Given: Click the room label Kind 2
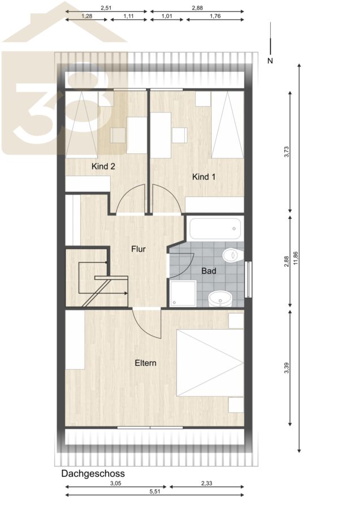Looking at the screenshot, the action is coord(103,166).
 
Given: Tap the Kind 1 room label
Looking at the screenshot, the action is coord(203,177).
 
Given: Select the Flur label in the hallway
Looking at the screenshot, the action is coord(138,249).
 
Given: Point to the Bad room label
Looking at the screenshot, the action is coord(209,271).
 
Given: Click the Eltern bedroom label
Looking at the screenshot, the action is coord(146,363).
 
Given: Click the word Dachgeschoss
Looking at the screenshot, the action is coord(93,473).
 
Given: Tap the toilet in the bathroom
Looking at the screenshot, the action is coord(233,255).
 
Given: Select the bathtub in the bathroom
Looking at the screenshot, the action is coord(215,228).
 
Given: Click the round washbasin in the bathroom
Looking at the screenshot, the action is coord(220,299).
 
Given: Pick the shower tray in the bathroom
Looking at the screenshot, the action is coord(183,294).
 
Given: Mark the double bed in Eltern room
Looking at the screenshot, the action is coord(210,363).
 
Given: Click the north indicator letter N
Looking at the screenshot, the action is coord(270,61).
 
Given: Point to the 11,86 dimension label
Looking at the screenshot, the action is coord(296,258).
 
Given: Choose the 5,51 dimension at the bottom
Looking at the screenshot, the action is coord(155,491).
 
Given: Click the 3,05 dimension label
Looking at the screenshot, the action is coord(115,483).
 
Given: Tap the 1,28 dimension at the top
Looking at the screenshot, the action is coord(86,16).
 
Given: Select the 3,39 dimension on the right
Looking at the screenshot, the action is coord(286,368).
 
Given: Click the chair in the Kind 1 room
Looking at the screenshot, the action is coord(179,135).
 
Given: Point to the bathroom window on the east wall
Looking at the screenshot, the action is coord(249,279).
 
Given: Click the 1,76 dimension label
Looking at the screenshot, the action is coord(215,16).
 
